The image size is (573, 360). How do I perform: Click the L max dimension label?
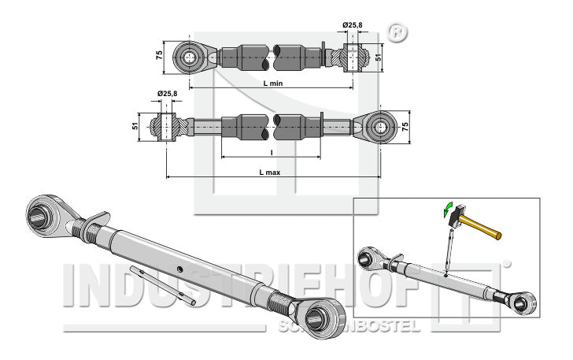coord(270,170)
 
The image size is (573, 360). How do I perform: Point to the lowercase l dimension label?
coord(271,152)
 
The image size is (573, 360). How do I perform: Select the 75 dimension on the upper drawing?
coord(159,55)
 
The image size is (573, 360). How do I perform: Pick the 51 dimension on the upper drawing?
coord(378,57)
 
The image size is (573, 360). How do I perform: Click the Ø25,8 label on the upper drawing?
coord(352,26)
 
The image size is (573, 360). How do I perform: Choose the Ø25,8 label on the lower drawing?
coord(166,94)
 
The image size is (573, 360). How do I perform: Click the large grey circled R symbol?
coord(397,33)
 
